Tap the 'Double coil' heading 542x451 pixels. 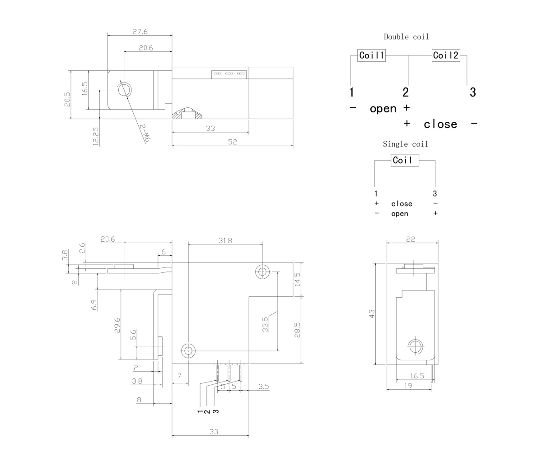[x=406, y=37]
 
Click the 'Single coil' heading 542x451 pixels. [x=405, y=144]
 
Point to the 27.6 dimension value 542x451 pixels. [x=140, y=32]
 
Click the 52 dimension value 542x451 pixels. [x=232, y=142]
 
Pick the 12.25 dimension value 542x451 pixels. [x=96, y=136]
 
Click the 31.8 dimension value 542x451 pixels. [x=225, y=240]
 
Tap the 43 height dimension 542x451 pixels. [x=372, y=314]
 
